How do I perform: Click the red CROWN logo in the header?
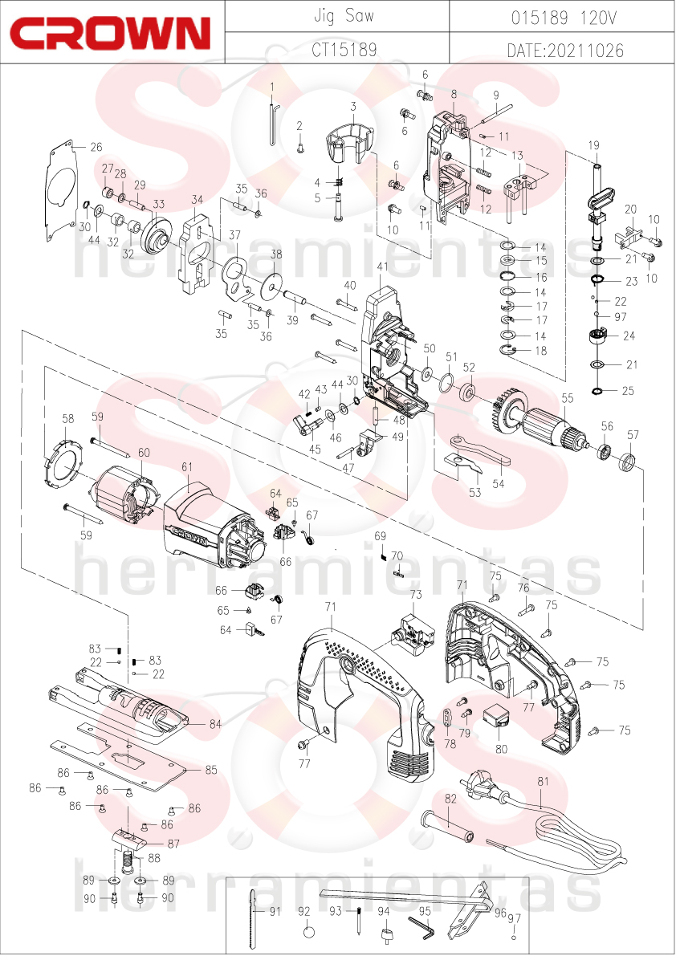pos(110,33)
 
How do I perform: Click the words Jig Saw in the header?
pos(343,15)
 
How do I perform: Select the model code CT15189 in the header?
pos(344,49)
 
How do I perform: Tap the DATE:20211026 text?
pos(565,50)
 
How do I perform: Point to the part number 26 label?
pos(96,147)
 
